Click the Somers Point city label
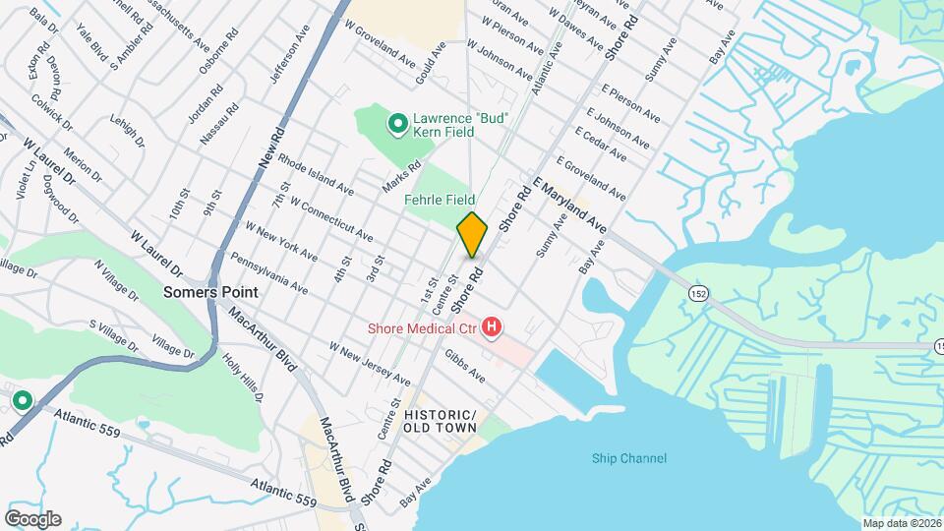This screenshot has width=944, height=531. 210,292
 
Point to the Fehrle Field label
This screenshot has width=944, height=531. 440,200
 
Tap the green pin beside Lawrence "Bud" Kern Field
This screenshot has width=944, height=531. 398,124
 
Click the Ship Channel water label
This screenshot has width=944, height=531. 629,458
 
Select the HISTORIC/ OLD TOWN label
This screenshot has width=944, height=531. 440,422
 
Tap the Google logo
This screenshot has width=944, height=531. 32,518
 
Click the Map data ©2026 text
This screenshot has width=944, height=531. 901,523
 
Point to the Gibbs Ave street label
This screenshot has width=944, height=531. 464,366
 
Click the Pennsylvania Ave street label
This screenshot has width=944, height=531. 267,274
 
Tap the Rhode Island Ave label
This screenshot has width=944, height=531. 315,172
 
